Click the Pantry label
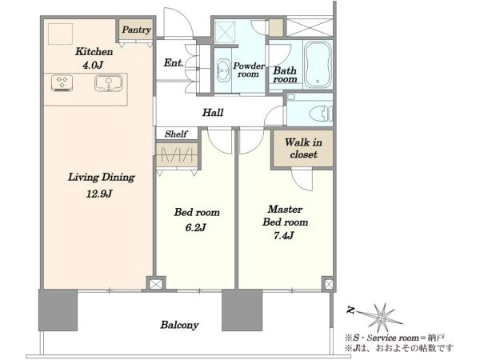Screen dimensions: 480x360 [x=136, y=30]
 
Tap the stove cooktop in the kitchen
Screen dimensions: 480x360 [x=62, y=83]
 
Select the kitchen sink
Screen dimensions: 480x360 [x=108, y=83]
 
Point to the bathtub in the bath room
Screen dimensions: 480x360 [x=318, y=64]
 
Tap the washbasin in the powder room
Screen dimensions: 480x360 [x=224, y=70]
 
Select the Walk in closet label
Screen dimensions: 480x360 [x=303, y=148]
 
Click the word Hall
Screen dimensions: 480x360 [x=213, y=112]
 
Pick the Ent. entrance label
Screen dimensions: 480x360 [x=174, y=62]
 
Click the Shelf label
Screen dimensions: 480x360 [x=176, y=134]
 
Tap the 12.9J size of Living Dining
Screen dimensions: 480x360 [x=99, y=194]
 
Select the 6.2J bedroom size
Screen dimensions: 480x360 [x=196, y=227]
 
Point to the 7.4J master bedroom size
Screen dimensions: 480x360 [x=284, y=235]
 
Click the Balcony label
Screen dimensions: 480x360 [x=180, y=325]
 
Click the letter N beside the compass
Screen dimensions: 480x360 [x=350, y=310]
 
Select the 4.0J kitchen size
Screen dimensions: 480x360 [x=93, y=65]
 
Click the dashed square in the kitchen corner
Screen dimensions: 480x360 [x=60, y=34]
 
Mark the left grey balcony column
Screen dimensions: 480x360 [x=58, y=310]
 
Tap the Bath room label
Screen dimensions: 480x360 [x=285, y=74]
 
